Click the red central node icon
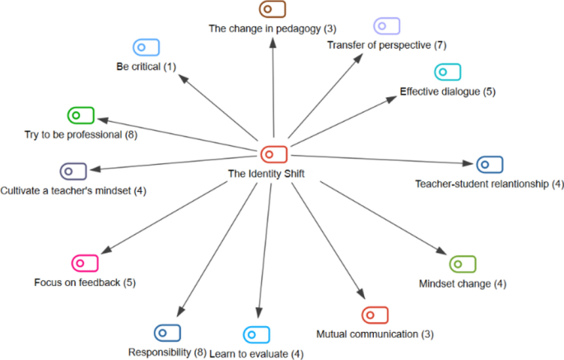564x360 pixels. click(x=273, y=154)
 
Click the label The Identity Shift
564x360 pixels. click(x=261, y=174)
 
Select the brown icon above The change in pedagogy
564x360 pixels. click(x=272, y=10)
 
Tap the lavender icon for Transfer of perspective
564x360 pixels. click(x=386, y=25)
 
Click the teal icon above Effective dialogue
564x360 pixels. click(x=448, y=72)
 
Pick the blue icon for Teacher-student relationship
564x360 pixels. click(x=489, y=164)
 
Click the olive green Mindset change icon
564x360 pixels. click(x=462, y=264)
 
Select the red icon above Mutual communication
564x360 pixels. click(x=374, y=315)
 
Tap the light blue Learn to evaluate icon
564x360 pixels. click(x=256, y=334)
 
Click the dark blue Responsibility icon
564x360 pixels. click(x=167, y=332)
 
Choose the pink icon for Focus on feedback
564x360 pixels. click(x=85, y=263)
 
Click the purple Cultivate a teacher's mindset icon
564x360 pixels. click(x=73, y=171)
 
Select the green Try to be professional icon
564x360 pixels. click(x=81, y=115)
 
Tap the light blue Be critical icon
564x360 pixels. click(x=146, y=47)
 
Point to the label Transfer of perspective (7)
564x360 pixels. click(x=386, y=44)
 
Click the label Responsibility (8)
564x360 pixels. click(x=167, y=353)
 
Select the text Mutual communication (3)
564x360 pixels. click(x=375, y=334)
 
